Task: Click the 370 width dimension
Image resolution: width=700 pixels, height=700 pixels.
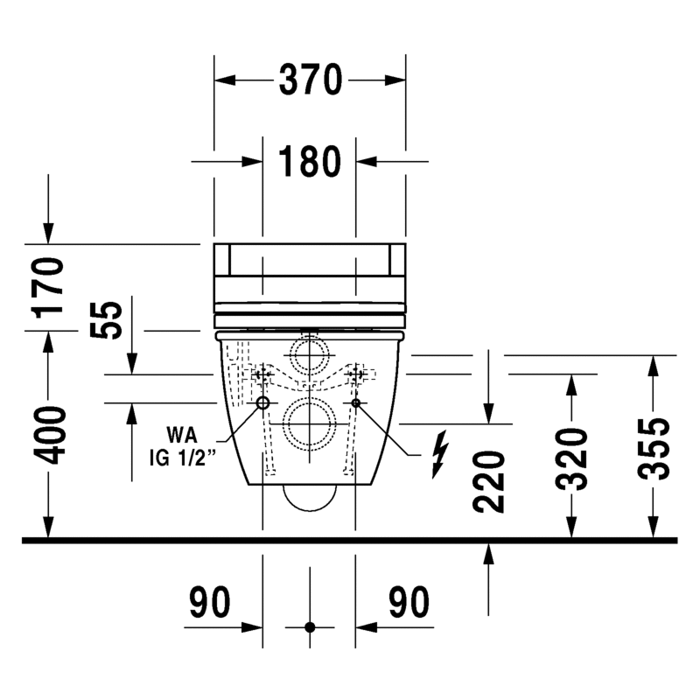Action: [311, 80]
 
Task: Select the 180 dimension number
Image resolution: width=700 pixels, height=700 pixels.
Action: [310, 161]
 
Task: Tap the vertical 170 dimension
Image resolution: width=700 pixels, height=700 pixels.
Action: [49, 288]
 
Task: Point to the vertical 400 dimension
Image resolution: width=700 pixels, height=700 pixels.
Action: [50, 435]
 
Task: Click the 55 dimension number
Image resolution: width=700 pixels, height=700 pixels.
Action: [105, 319]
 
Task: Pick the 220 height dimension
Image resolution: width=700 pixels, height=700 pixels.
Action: [488, 481]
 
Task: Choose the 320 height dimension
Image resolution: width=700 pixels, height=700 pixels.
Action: [571, 459]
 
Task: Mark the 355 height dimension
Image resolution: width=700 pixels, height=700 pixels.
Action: [654, 449]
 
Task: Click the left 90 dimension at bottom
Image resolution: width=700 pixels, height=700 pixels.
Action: [210, 602]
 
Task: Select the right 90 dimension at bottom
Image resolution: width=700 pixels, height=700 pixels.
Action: [409, 602]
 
